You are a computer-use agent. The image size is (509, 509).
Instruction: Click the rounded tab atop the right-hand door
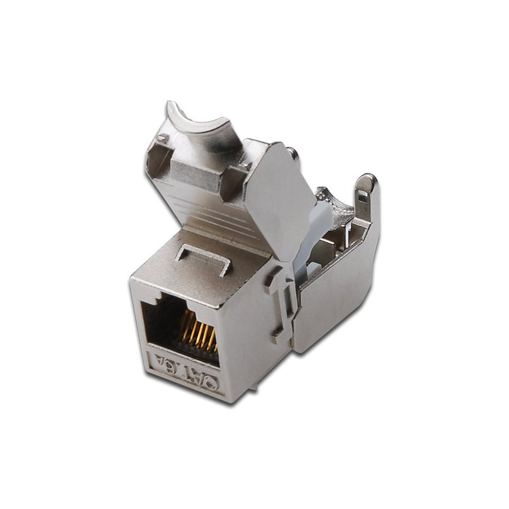click(x=368, y=188)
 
